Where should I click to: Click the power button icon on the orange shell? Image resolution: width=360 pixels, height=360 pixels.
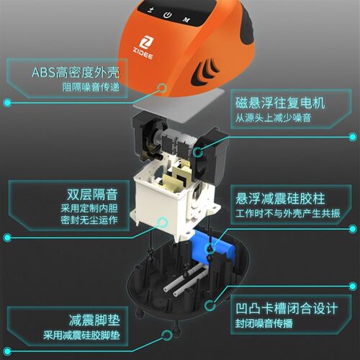pyautogui.click(x=167, y=15)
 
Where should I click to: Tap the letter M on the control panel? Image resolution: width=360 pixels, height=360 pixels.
pyautogui.click(x=186, y=19)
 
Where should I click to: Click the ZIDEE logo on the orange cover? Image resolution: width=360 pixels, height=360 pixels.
pyautogui.click(x=143, y=48)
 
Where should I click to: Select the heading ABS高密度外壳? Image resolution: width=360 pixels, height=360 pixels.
pyautogui.click(x=76, y=72)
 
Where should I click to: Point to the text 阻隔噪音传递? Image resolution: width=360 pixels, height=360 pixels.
pyautogui.click(x=91, y=87)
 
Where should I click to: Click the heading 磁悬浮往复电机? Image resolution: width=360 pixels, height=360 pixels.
pyautogui.click(x=280, y=103)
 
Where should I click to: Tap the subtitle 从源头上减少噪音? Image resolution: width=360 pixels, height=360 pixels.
pyautogui.click(x=274, y=117)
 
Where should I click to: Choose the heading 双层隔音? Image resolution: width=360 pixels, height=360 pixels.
pyautogui.click(x=92, y=194)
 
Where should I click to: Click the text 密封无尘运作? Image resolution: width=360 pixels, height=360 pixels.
pyautogui.click(x=89, y=220)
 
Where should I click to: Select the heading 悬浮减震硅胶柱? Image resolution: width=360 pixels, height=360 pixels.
pyautogui.click(x=280, y=199)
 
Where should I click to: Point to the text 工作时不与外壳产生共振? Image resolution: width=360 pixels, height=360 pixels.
pyautogui.click(x=288, y=213)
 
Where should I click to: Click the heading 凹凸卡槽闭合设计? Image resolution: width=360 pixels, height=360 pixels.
pyautogui.click(x=287, y=308)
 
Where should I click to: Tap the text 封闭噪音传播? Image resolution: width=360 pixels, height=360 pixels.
pyautogui.click(x=264, y=323)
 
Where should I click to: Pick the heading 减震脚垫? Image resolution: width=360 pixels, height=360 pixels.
pyautogui.click(x=94, y=320)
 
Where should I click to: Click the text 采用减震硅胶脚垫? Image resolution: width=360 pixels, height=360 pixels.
pyautogui.click(x=81, y=336)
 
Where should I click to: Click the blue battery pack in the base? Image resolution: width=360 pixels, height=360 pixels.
pyautogui.click(x=211, y=248)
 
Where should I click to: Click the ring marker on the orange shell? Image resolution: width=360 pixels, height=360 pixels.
pyautogui.click(x=163, y=88)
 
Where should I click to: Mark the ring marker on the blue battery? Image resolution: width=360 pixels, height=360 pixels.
pyautogui.click(x=211, y=247)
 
